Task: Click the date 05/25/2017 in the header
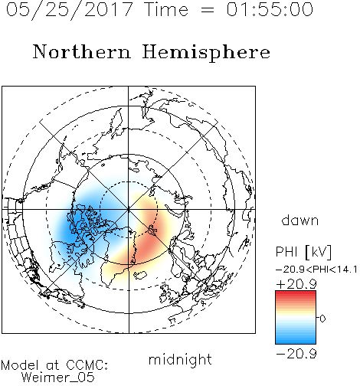point(70,9)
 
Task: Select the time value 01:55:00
point(270,9)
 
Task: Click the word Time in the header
point(166,9)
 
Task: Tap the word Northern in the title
point(82,52)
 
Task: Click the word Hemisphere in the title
point(206,53)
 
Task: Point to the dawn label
point(300,220)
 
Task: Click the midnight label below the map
point(180,359)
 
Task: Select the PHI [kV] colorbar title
point(303,252)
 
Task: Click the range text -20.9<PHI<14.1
point(316,270)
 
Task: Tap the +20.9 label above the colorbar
point(296,284)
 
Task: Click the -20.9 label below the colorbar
point(296,354)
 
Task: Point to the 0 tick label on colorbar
point(322,319)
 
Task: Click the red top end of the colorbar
point(296,293)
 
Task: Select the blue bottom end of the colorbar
point(296,341)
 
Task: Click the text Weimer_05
point(58,378)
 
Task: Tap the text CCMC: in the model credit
point(87,365)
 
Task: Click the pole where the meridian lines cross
point(129,209)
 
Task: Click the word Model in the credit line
point(20,365)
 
